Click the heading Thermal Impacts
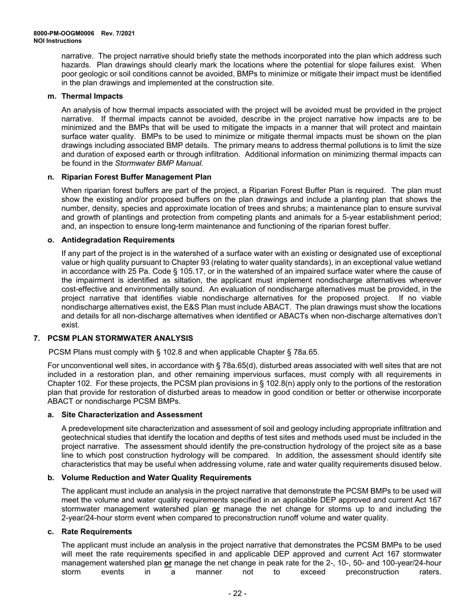click(92, 96)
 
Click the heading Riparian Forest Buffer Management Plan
click(136, 177)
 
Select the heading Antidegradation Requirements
click(118, 240)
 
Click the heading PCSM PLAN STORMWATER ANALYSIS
click(120, 338)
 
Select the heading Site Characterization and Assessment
click(131, 414)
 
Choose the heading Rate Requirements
click(96, 531)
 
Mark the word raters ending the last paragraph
click(430, 572)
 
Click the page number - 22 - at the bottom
click(237, 593)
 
